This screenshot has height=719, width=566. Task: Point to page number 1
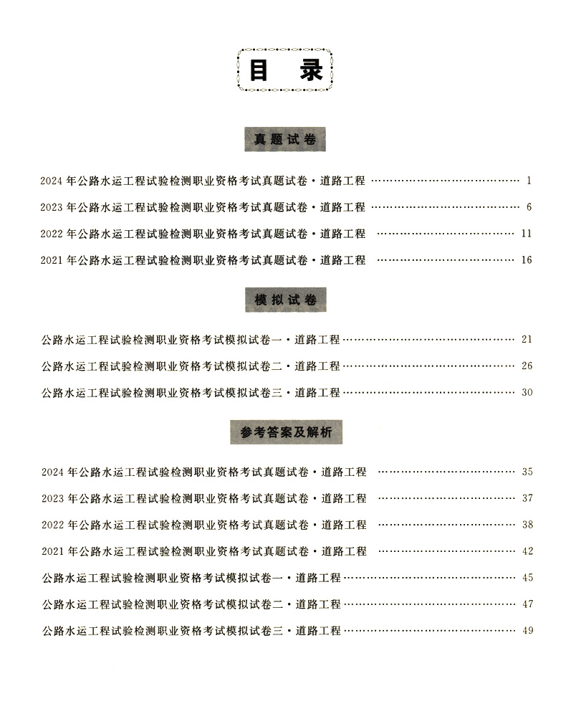point(528,180)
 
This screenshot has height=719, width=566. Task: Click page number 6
point(528,207)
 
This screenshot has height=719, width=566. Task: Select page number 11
point(527,234)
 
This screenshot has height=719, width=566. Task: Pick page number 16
point(527,260)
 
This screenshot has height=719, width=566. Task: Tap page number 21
point(527,339)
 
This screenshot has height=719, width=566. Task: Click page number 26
point(527,366)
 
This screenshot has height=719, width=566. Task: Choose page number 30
point(527,392)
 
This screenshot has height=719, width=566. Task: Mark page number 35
point(527,472)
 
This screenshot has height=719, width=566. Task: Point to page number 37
point(527,498)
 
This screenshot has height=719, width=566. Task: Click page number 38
point(527,525)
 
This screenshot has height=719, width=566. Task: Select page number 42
point(527,551)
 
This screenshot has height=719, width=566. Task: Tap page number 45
point(527,578)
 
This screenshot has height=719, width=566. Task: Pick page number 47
point(527,604)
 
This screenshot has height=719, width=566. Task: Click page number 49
point(527,631)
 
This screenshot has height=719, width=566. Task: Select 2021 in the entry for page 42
point(52,552)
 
